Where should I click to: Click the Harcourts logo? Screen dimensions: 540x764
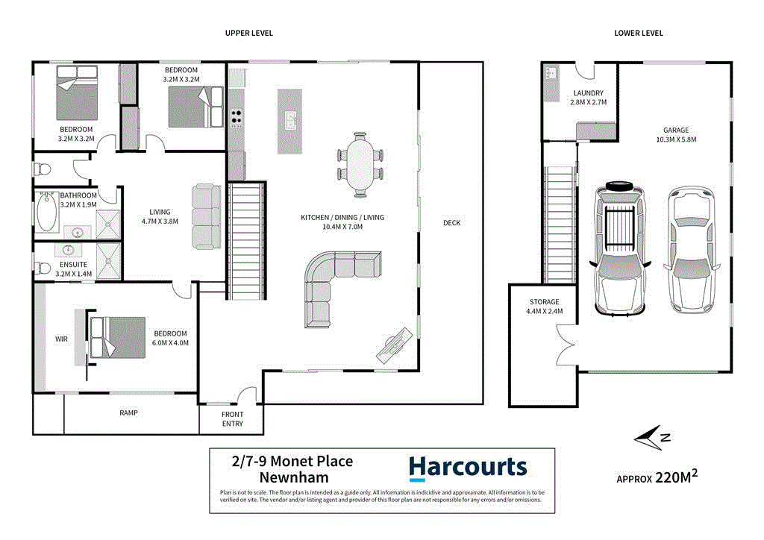click(x=468, y=468)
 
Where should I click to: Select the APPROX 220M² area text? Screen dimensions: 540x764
click(x=657, y=477)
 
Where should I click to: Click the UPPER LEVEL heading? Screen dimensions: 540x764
click(x=250, y=33)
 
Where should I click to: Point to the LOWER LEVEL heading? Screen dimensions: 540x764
click(x=638, y=33)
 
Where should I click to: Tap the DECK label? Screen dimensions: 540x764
click(x=451, y=223)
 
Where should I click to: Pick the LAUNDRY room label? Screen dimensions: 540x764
click(x=588, y=93)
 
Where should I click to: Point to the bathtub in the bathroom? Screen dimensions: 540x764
click(x=47, y=213)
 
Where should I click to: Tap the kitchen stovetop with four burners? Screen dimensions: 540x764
click(x=237, y=117)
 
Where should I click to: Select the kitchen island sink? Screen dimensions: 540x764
click(x=290, y=119)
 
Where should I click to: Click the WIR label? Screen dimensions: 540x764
click(x=61, y=339)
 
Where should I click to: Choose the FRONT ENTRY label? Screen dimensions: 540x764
click(x=232, y=419)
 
